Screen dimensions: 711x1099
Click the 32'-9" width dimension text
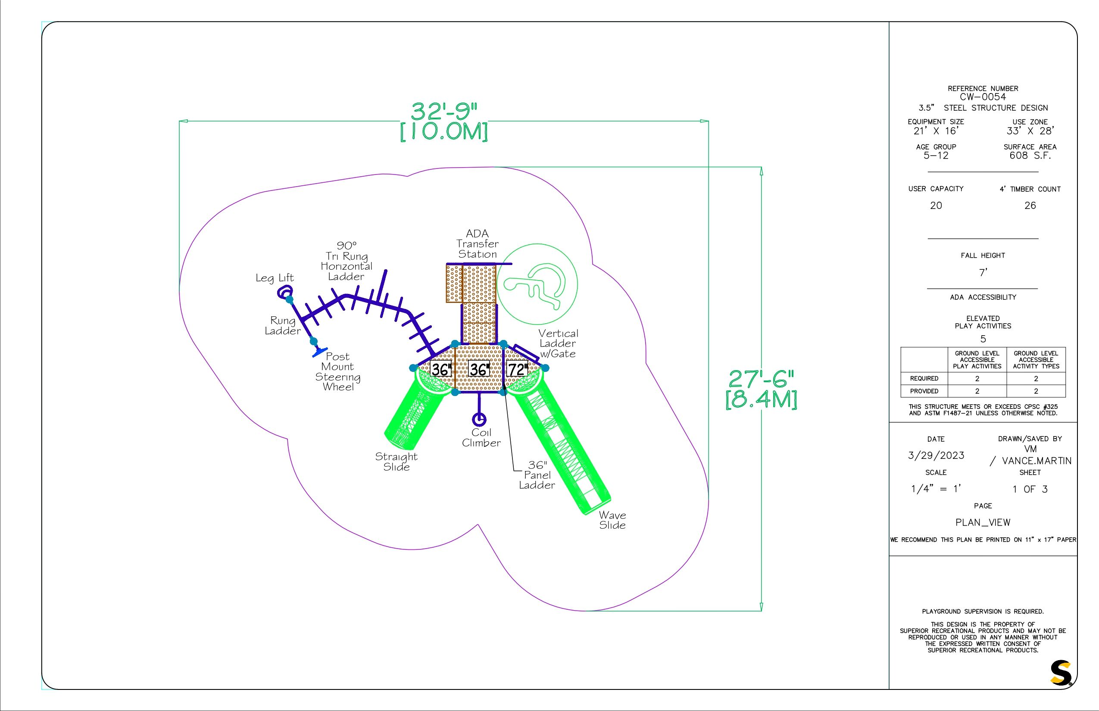444,112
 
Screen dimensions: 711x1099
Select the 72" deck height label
517,369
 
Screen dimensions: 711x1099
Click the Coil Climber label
481,438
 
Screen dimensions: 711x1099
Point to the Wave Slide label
612,520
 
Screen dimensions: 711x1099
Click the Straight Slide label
396,462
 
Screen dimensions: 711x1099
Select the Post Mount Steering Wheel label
337,371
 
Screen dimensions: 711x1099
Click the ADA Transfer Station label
478,244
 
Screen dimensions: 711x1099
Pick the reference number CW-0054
983,97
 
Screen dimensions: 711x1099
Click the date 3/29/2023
936,455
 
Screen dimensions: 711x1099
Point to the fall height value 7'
983,273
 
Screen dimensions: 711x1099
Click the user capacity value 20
936,206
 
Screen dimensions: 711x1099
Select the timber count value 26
1030,206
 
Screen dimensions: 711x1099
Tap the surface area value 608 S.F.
1030,156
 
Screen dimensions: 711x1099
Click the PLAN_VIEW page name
983,523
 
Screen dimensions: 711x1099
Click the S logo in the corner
1061,673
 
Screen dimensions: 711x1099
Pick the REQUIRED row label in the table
924,379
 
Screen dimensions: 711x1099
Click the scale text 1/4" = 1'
936,489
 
